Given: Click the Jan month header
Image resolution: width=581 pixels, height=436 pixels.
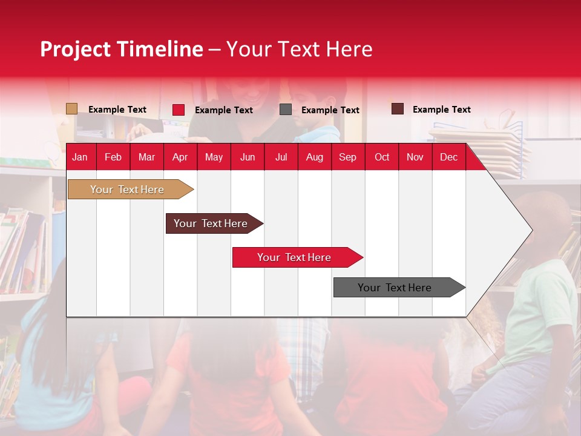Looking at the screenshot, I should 80,157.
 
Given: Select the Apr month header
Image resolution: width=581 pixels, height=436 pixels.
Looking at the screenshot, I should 180,157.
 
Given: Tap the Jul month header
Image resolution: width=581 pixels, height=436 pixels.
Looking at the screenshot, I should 281,157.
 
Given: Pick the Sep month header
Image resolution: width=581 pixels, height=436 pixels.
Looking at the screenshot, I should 347,157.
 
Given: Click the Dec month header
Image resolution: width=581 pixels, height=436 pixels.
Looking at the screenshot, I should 448,157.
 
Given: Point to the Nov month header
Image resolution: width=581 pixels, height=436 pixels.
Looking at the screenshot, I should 415,157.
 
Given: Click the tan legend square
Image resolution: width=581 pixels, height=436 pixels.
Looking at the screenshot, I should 71,109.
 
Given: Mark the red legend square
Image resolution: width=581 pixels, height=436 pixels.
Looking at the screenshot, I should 179,110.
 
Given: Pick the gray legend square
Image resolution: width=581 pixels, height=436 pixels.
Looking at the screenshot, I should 286,110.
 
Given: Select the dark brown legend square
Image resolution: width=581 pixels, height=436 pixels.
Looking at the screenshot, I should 397,109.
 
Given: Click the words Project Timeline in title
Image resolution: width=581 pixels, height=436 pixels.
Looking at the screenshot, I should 121,49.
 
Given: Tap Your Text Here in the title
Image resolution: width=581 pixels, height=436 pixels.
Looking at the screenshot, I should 299,49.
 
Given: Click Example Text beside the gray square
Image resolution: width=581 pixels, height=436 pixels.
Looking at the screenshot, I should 330,110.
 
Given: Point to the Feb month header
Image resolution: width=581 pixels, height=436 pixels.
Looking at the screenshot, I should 113,157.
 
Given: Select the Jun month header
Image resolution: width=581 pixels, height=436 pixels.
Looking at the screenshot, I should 248,157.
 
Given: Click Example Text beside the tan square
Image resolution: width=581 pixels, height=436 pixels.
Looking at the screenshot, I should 117,110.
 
